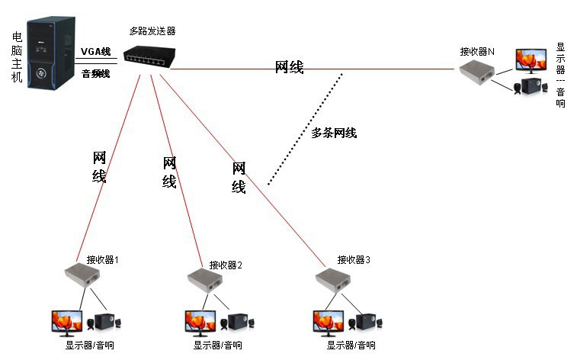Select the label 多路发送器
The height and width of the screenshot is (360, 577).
click(152, 32)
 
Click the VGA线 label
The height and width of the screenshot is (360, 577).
click(96, 51)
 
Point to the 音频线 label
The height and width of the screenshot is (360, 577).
click(96, 74)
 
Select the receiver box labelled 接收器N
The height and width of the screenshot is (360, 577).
click(476, 71)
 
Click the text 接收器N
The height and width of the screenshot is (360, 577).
click(477, 51)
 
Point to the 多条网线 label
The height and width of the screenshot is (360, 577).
click(334, 133)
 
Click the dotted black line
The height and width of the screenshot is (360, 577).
click(305, 130)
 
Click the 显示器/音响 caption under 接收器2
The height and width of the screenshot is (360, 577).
click(218, 346)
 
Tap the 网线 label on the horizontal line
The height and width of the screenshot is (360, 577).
click(289, 68)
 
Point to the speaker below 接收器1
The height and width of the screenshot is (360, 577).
click(104, 323)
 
